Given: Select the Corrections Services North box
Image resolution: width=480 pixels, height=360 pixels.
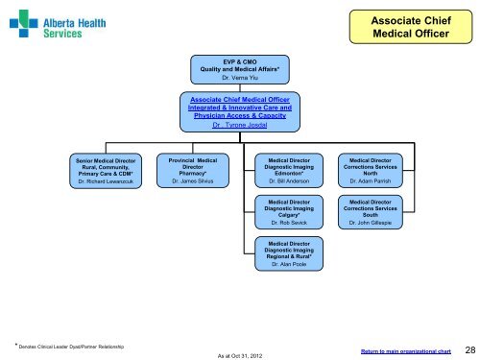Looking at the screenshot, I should point(369,166).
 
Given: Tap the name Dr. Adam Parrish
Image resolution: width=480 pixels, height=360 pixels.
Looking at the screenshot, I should point(369,180).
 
